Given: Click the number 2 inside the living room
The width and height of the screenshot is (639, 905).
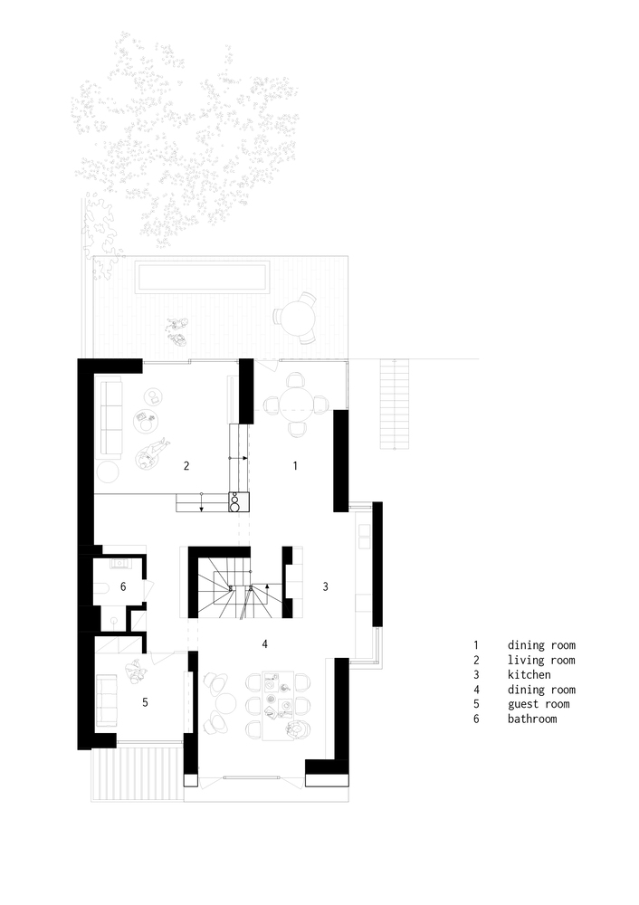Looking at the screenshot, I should [186, 466].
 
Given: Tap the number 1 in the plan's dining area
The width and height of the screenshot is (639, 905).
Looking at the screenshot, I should [294, 465].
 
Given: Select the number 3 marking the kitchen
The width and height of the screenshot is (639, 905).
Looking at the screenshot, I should [325, 586].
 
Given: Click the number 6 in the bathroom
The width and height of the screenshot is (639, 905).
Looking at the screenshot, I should [123, 587].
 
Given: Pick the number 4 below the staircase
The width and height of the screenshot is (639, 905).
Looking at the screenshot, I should [264, 644].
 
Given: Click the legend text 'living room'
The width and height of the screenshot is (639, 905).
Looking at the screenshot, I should [540, 661].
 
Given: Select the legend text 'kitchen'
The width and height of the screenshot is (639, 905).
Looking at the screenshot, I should [529, 675].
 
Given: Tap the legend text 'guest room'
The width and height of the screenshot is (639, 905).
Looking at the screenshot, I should [538, 704].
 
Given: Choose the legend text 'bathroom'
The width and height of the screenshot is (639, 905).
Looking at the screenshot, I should [532, 719].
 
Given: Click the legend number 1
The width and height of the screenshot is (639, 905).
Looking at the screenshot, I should [474, 645].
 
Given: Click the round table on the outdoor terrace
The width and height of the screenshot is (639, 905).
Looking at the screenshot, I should [297, 318].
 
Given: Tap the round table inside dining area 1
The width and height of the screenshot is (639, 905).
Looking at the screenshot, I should [295, 403].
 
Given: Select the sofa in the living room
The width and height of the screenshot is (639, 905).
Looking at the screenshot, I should [112, 418].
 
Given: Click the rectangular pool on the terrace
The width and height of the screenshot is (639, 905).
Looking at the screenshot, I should [203, 277].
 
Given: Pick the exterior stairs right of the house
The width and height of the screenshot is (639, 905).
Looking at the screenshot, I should [395, 403].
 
